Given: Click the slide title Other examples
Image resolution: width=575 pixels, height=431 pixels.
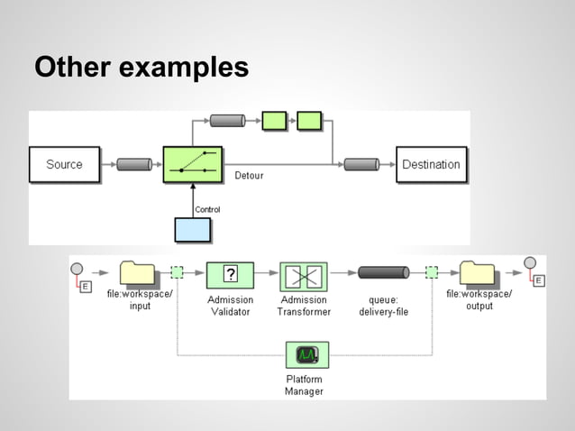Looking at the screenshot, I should [141, 68].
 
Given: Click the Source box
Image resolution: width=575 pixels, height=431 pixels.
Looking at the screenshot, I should [64, 165].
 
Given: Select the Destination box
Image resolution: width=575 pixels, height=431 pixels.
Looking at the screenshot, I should [431, 165].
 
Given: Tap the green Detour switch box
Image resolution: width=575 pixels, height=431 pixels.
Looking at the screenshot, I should [193, 165].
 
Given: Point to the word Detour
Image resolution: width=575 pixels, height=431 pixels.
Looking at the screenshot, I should [249, 176].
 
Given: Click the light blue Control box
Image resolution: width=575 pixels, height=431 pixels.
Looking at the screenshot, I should [193, 231].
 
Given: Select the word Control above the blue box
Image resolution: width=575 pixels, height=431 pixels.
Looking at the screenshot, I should [207, 209].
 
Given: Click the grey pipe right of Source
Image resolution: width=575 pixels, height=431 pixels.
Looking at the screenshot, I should [134, 165].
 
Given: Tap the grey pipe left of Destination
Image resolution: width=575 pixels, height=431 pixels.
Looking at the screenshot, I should [361, 165].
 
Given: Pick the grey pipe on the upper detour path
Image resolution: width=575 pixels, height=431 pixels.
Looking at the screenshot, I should [227, 120].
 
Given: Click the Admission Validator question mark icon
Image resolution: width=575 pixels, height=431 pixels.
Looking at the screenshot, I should [230, 274].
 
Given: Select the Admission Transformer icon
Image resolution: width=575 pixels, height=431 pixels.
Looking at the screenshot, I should [303, 276].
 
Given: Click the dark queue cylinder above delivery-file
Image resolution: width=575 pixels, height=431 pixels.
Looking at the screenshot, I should [383, 272].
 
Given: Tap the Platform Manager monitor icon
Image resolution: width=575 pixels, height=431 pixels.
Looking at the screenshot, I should [306, 354].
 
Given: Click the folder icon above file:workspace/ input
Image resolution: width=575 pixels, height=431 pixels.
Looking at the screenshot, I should [139, 272].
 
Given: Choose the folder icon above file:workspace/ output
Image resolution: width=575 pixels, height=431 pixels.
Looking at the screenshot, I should [478, 272].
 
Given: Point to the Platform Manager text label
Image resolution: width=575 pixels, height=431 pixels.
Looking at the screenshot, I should [304, 386].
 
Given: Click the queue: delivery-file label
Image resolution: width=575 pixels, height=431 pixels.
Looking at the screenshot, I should [384, 306].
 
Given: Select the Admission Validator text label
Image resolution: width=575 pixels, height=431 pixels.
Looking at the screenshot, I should [230, 306].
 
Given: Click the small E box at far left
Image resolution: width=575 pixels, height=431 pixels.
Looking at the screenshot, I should [86, 286].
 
